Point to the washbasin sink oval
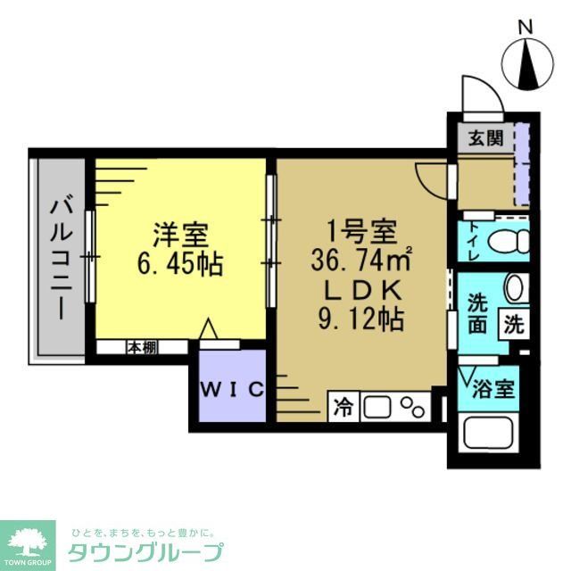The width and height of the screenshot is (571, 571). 515,288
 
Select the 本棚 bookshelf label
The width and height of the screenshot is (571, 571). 140,347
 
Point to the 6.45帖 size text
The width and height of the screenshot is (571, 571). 180,265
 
